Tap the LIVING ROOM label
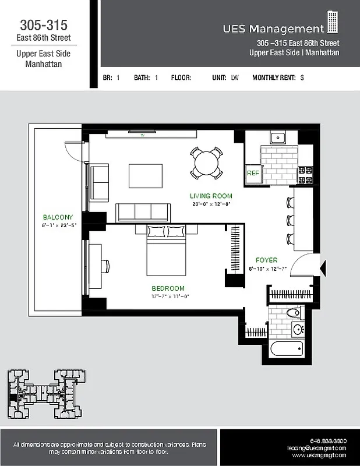(211, 196)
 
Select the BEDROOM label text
(168, 288)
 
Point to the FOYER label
(266, 260)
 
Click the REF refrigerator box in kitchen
(253, 174)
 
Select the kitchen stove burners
(305, 171)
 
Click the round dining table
(206, 163)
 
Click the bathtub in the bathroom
(287, 350)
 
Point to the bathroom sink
(298, 329)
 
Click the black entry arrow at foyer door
(324, 269)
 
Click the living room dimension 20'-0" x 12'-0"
(211, 204)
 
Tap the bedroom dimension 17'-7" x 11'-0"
(168, 296)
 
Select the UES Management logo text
(273, 29)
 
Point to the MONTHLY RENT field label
(274, 77)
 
